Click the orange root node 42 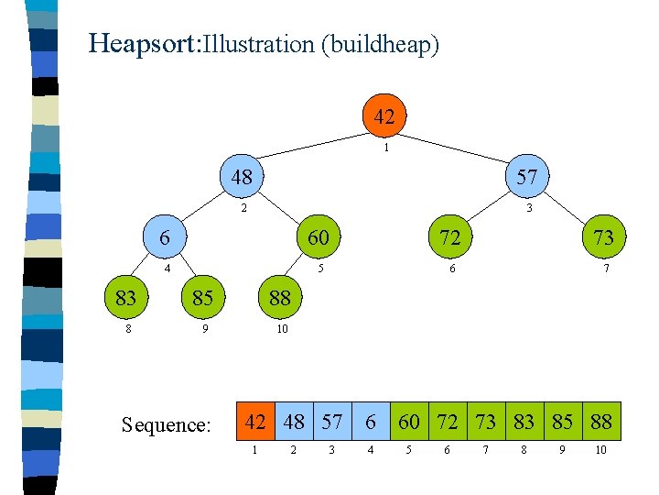pyautogui.click(x=384, y=116)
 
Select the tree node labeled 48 pyautogui.click(x=242, y=177)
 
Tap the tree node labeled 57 pyautogui.click(x=527, y=177)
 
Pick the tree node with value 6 pyautogui.click(x=164, y=236)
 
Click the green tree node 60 pyautogui.click(x=318, y=236)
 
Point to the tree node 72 pyautogui.click(x=449, y=236)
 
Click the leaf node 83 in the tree pyautogui.click(x=125, y=297)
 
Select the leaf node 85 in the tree pyautogui.click(x=202, y=297)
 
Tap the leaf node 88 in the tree pyautogui.click(x=280, y=297)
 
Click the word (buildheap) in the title pyautogui.click(x=380, y=44)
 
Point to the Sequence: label pyautogui.click(x=167, y=424)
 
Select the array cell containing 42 pyautogui.click(x=255, y=422)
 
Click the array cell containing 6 pyautogui.click(x=371, y=422)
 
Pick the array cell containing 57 pyautogui.click(x=332, y=422)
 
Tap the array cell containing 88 pyautogui.click(x=601, y=422)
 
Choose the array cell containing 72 pyautogui.click(x=448, y=422)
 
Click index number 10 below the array pyautogui.click(x=600, y=451)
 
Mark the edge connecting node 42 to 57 pyautogui.click(x=458, y=148)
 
